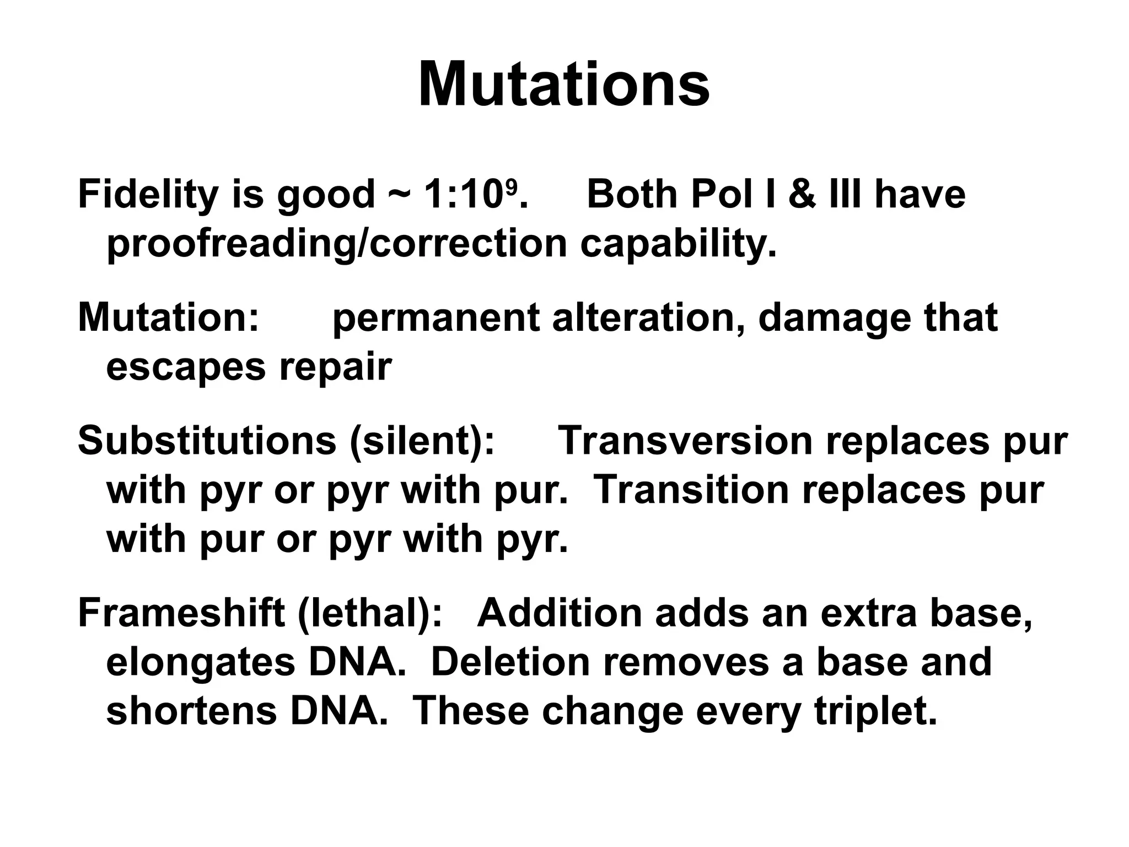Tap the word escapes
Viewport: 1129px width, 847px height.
coord(186,367)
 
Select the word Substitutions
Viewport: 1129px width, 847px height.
coord(207,441)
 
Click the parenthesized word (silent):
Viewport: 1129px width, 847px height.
coord(422,441)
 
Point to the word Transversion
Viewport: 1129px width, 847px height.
coord(686,441)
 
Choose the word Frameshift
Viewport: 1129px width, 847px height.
coord(181,613)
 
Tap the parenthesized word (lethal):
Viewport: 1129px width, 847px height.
coord(369,613)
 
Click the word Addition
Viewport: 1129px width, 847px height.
coord(560,613)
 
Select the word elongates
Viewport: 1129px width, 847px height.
coord(201,663)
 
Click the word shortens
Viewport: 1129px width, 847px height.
coord(191,711)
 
